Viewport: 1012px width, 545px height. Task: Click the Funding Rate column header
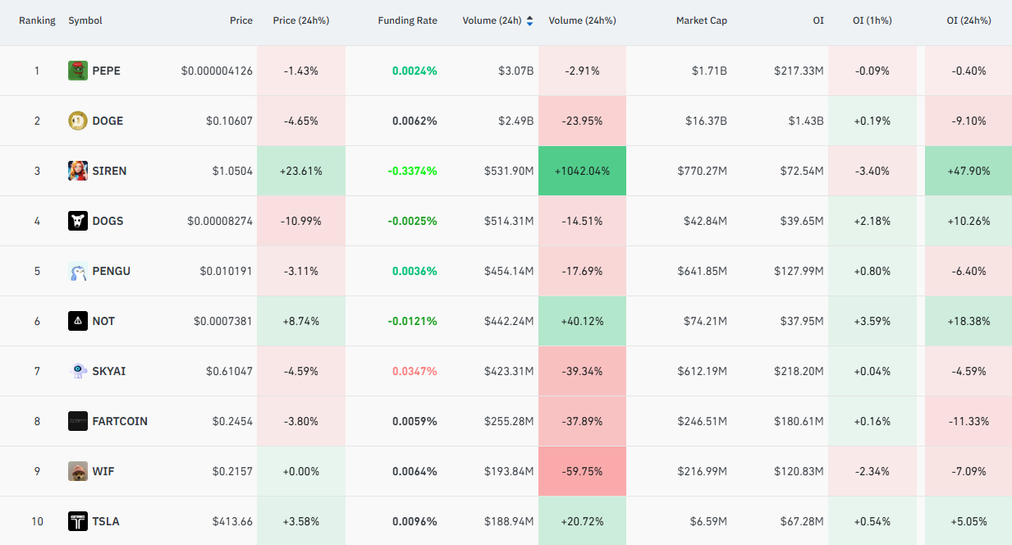point(407,21)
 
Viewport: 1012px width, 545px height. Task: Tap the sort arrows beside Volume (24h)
point(530,21)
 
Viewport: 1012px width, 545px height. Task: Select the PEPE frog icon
point(78,71)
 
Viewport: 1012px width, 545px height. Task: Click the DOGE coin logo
point(78,121)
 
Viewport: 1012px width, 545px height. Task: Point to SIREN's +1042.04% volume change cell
point(582,171)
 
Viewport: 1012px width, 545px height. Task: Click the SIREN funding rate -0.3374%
point(412,171)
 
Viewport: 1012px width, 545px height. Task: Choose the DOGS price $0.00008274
point(220,221)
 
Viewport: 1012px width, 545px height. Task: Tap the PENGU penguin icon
point(78,271)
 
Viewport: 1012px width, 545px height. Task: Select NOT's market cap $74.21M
point(705,321)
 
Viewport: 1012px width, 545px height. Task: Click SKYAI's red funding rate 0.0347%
point(414,372)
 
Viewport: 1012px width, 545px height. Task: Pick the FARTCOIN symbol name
point(120,421)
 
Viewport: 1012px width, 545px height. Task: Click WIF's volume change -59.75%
point(582,471)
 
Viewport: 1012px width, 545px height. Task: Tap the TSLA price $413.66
point(232,521)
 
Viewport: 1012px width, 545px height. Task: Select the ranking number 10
point(37,521)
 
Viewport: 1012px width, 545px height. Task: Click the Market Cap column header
point(701,21)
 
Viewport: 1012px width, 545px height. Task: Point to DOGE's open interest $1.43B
point(805,121)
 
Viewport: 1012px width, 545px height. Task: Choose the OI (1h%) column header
point(872,21)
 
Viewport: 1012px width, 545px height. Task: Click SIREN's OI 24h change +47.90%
point(968,171)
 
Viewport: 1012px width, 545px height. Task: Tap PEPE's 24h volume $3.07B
point(515,71)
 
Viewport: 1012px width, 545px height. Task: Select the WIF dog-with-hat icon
point(78,471)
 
